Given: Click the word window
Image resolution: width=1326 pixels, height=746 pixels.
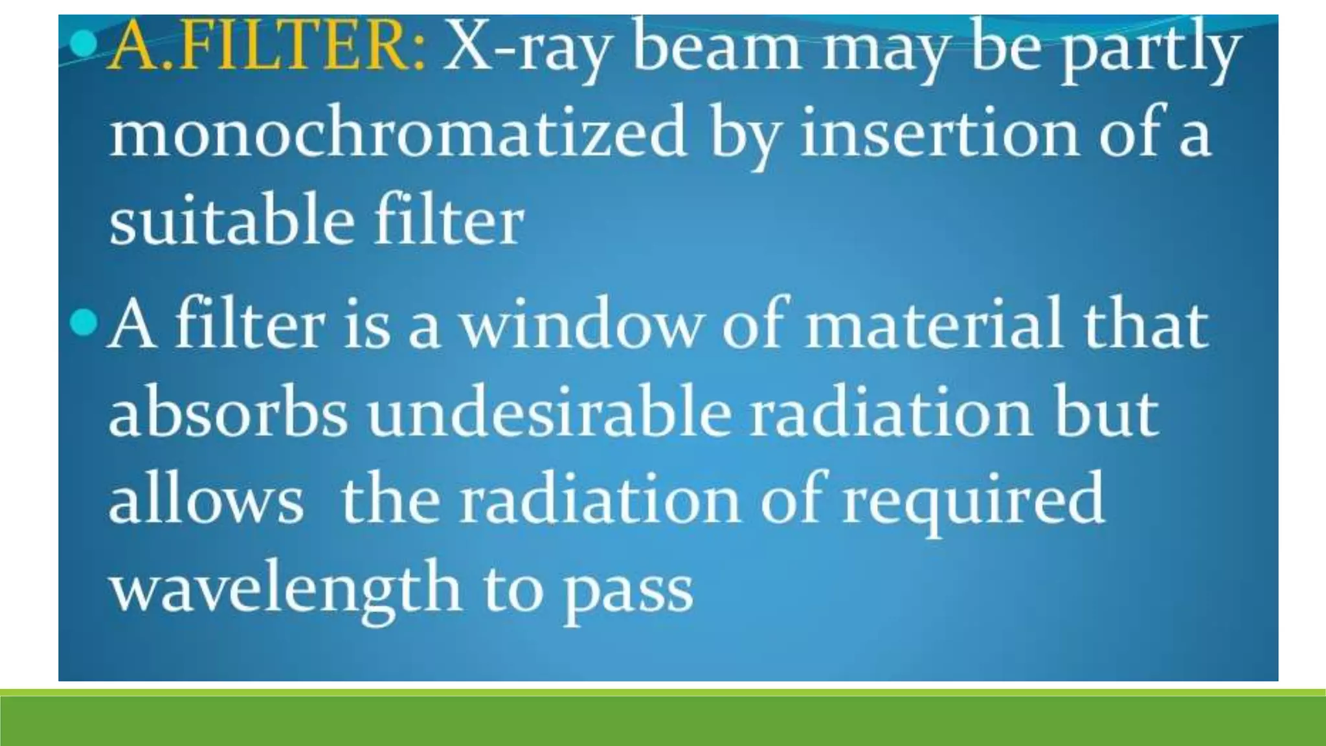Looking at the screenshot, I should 580,324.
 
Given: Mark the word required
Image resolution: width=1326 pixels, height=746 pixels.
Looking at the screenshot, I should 973,503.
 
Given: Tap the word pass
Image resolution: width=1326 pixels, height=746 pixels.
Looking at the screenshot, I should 628,592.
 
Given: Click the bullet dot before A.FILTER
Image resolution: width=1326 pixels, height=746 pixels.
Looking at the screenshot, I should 84,44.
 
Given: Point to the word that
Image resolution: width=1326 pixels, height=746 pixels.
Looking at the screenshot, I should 1145,324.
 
